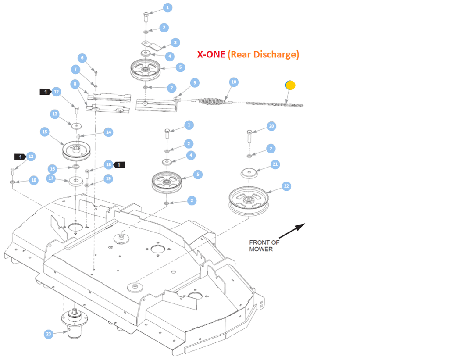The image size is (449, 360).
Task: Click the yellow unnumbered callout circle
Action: pos(290,85)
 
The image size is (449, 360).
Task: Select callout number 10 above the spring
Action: pos(234,82)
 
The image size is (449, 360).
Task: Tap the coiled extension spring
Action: pos(212,101)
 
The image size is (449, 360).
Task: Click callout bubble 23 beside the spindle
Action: pos(49,334)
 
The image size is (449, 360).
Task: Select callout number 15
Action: pos(44,132)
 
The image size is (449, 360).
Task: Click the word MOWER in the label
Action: pos(261,249)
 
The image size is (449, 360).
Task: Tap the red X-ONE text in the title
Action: pos(211,54)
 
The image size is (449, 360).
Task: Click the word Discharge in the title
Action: pos(278,54)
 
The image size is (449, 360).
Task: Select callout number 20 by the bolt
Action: pos(271,126)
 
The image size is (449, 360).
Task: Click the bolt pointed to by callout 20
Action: pos(249,135)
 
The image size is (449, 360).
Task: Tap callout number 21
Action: pos(275,164)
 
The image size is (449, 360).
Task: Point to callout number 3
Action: pos(175,43)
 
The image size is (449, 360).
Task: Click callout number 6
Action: pos(82,58)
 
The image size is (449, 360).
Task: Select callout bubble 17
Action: pos(51,178)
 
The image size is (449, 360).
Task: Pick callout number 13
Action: pos(55,114)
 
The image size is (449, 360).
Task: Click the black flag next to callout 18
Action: pos(120,164)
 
